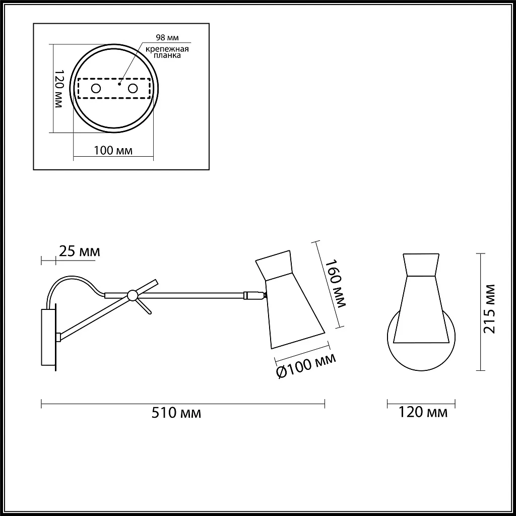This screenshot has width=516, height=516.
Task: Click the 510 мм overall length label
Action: (x=176, y=413)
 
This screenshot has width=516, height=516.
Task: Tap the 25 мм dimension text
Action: (x=79, y=251)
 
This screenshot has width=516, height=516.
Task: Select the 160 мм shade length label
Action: (x=335, y=284)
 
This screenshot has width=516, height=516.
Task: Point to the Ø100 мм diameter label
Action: (x=306, y=366)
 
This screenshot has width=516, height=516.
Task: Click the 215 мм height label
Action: (x=489, y=309)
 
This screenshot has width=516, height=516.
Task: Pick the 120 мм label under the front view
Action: (x=423, y=412)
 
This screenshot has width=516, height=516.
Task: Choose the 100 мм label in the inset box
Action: (x=113, y=150)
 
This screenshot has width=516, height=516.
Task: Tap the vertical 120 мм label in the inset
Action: (x=58, y=89)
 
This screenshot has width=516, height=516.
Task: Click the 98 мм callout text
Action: (x=167, y=37)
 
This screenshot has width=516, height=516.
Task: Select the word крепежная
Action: (x=167, y=49)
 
